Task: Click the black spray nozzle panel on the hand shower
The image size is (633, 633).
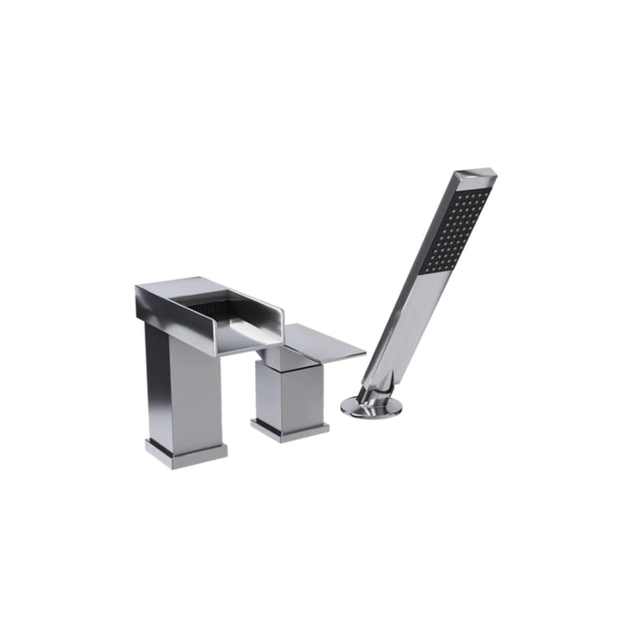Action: click(x=458, y=230)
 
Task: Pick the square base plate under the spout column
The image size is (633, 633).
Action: click(x=185, y=451)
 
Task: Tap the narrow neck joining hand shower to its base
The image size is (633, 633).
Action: click(x=365, y=394)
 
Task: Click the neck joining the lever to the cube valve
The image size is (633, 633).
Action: click(x=288, y=359)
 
